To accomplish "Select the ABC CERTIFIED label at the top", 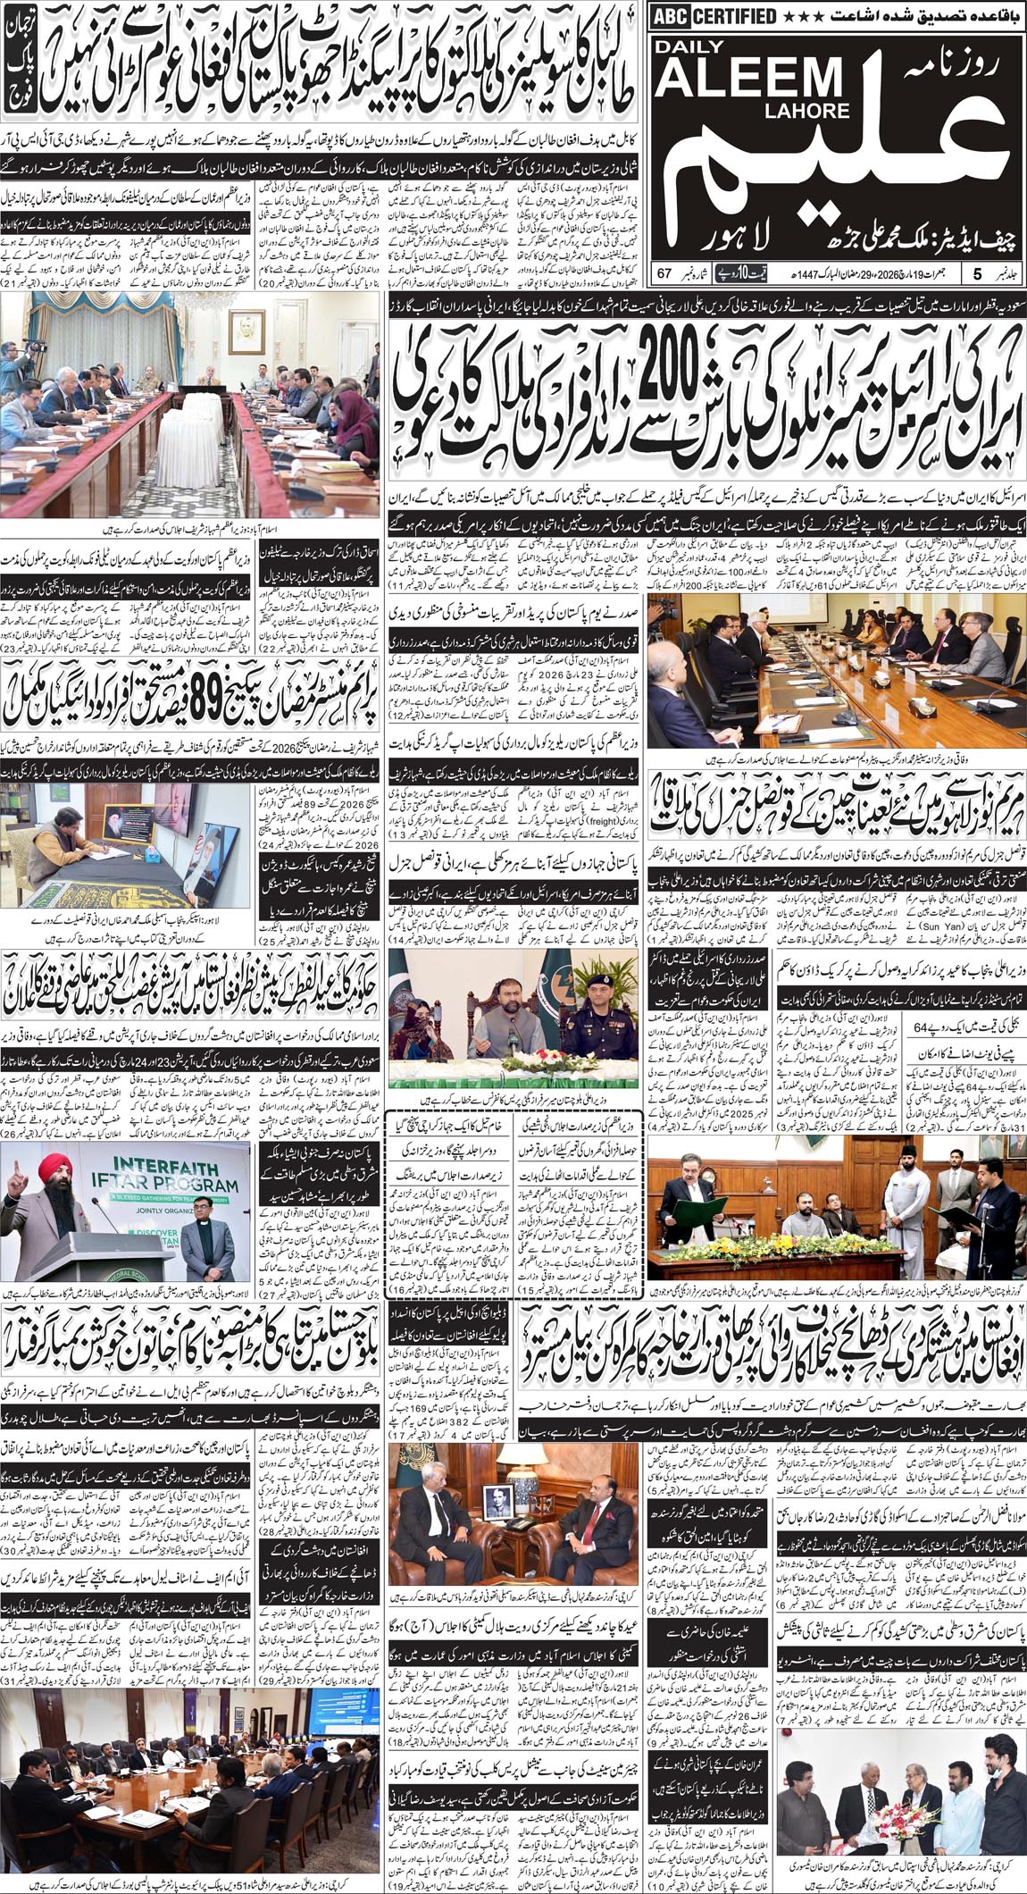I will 714,15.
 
